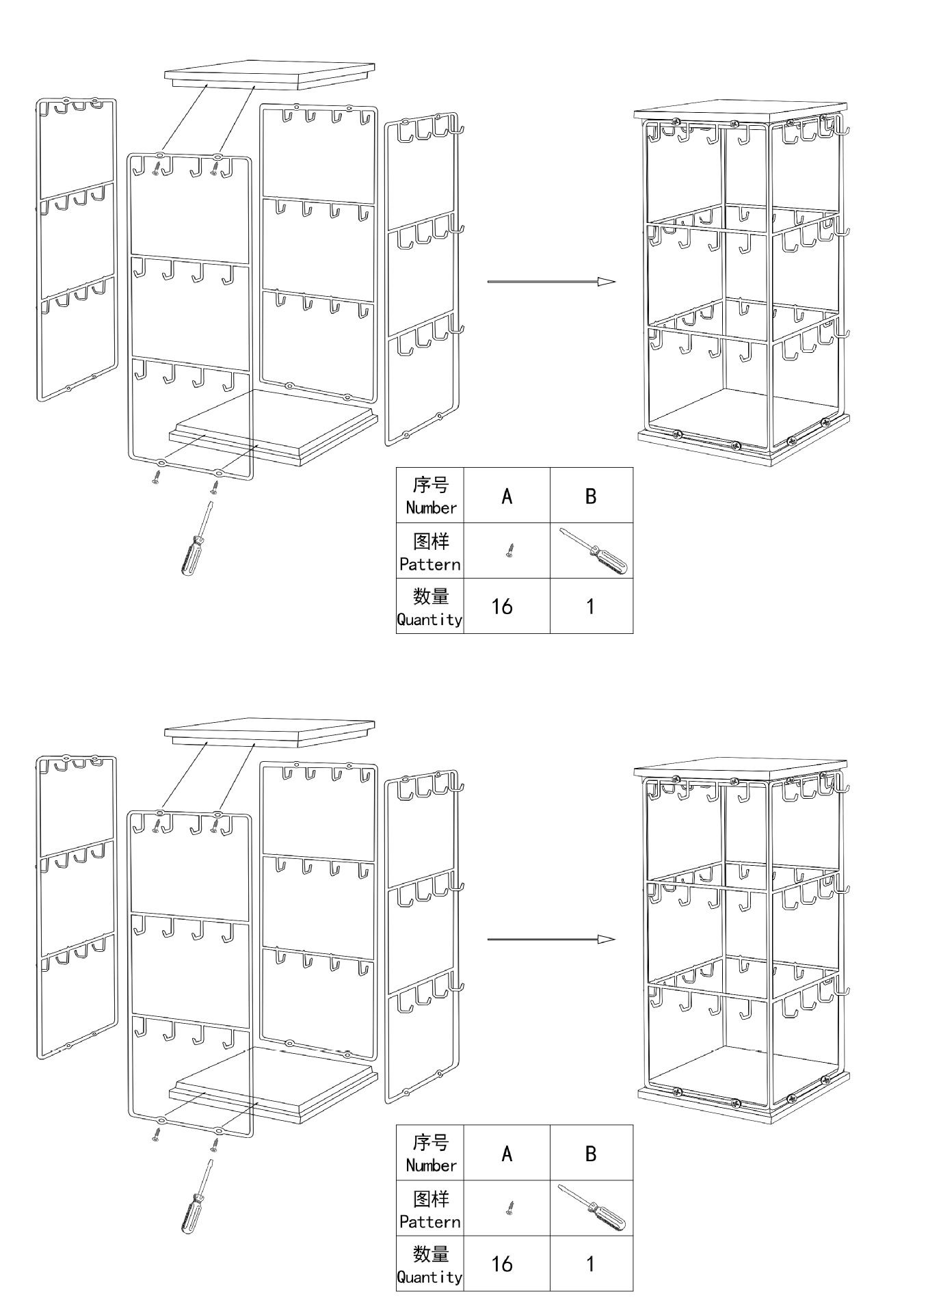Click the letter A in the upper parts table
point(507,496)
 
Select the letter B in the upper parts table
point(591,496)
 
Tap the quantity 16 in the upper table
point(502,607)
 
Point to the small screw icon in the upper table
point(509,550)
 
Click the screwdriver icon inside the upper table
point(594,551)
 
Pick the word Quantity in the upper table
point(429,620)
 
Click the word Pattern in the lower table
point(429,1221)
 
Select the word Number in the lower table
point(431,1165)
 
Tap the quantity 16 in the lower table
point(502,1264)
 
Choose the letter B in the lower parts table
point(591,1154)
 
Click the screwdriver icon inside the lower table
point(592,1208)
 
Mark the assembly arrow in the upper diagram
point(551,281)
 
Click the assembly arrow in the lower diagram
point(551,939)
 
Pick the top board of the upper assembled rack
point(740,113)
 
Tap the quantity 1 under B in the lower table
point(590,1264)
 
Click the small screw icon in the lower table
point(509,1208)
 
